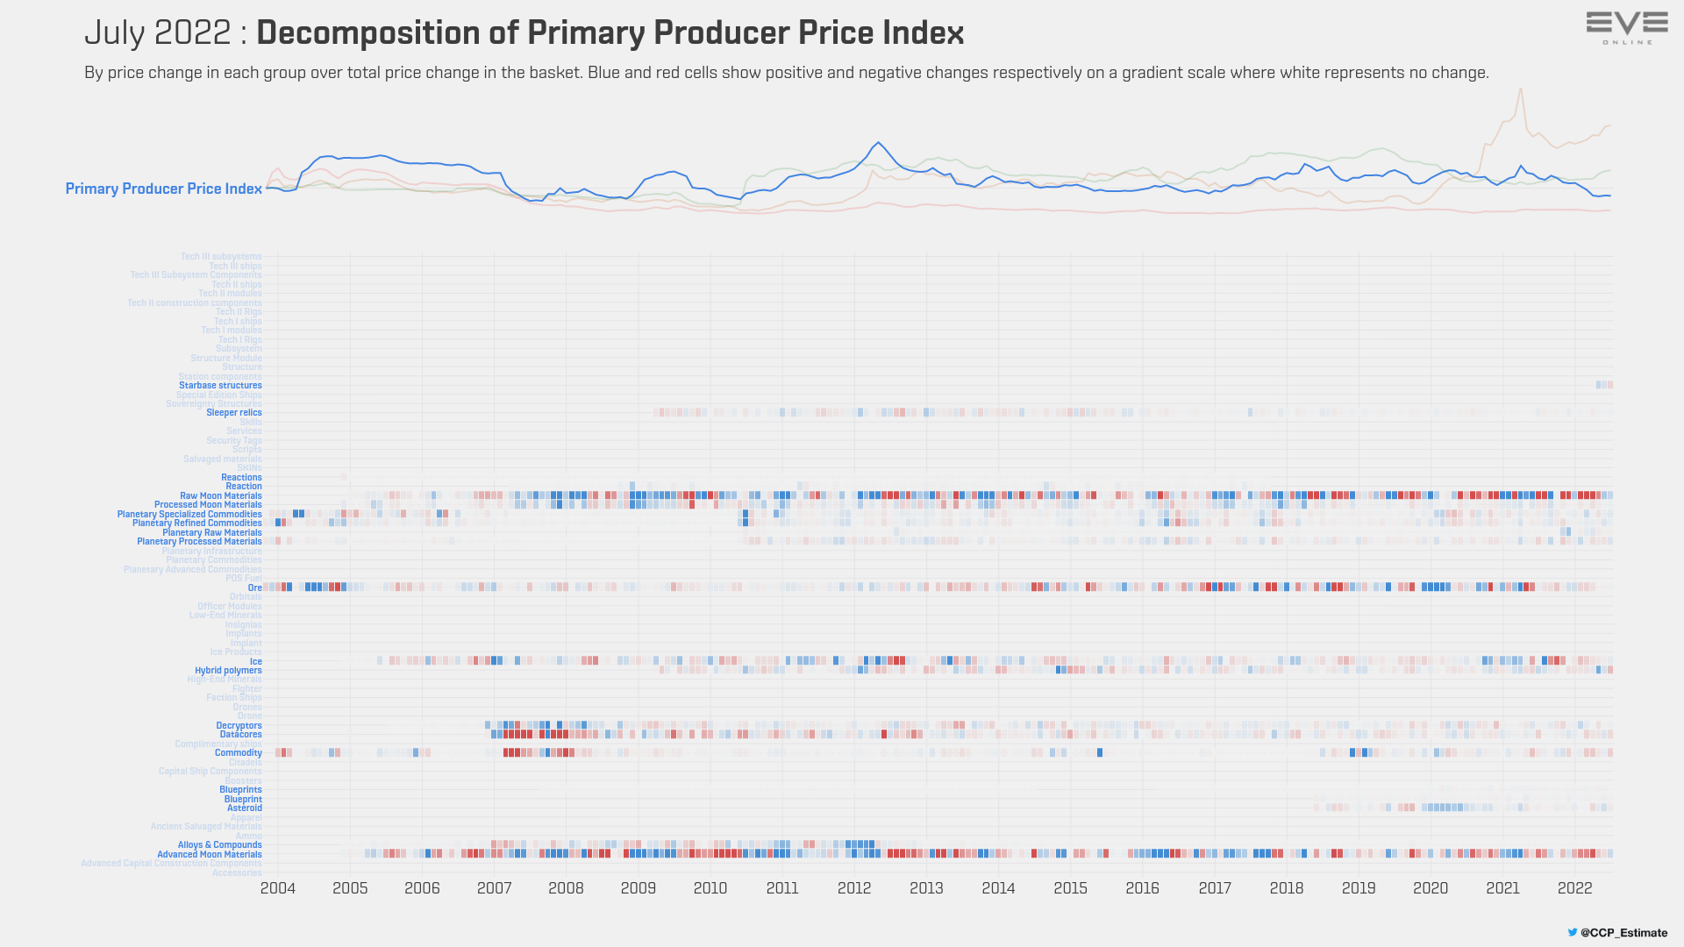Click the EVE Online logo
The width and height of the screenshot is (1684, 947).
pyautogui.click(x=1627, y=27)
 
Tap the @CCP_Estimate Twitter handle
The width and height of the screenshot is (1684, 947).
pyautogui.click(x=1623, y=933)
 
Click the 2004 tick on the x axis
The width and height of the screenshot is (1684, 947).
pyautogui.click(x=278, y=888)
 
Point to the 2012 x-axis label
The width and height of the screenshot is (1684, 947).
pyautogui.click(x=854, y=888)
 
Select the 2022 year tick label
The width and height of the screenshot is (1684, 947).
pyautogui.click(x=1574, y=888)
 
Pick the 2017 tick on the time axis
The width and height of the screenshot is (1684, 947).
pyautogui.click(x=1215, y=888)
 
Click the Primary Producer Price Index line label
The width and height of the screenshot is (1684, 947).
pyautogui.click(x=164, y=189)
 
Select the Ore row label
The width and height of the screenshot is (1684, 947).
pyautogui.click(x=255, y=587)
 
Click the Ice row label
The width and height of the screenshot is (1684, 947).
pyautogui.click(x=256, y=662)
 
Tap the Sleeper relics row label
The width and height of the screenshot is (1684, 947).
pyautogui.click(x=234, y=413)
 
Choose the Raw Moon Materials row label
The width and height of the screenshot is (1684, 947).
pyautogui.click(x=221, y=496)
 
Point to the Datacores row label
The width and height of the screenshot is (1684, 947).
pyautogui.click(x=241, y=735)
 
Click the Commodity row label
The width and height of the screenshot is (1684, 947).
pyautogui.click(x=239, y=753)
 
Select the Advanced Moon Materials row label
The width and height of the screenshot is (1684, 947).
pyautogui.click(x=210, y=855)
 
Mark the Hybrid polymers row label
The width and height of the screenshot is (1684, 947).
pyautogui.click(x=228, y=671)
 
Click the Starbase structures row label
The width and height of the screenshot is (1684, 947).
pyautogui.click(x=220, y=386)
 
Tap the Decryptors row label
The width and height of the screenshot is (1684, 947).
pyautogui.click(x=239, y=726)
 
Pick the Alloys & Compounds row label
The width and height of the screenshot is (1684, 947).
pyautogui.click(x=220, y=845)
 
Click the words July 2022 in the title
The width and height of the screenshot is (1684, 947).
pyautogui.click(x=158, y=33)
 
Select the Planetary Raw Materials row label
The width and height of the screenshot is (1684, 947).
pyautogui.click(x=212, y=533)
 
